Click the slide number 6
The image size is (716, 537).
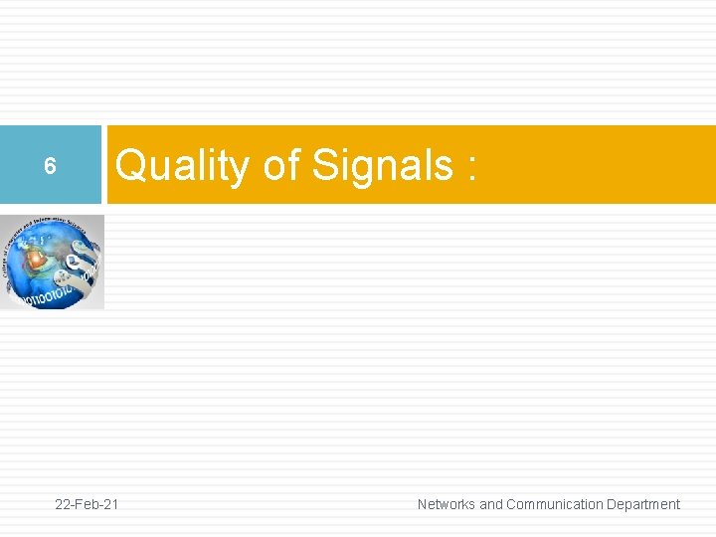pos(50,167)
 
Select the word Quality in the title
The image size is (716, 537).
pos(182,165)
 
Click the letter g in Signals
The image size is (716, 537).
pos(363,169)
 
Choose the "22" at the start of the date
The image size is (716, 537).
pos(63,504)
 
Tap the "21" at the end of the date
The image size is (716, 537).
pos(110,504)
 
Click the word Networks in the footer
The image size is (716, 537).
pos(447,504)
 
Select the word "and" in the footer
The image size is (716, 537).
pos(491,504)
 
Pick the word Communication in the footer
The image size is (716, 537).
pos(553,504)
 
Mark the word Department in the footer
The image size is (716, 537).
pos(642,504)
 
